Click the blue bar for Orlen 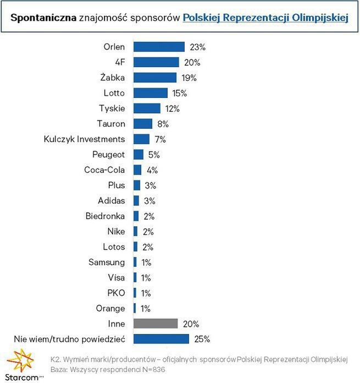159,47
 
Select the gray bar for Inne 156,324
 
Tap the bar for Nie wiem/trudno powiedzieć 161,339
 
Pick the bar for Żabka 154,78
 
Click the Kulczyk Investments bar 141,139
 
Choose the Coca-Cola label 104,170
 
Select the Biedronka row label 105,216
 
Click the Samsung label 107,262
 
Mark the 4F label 119,62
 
